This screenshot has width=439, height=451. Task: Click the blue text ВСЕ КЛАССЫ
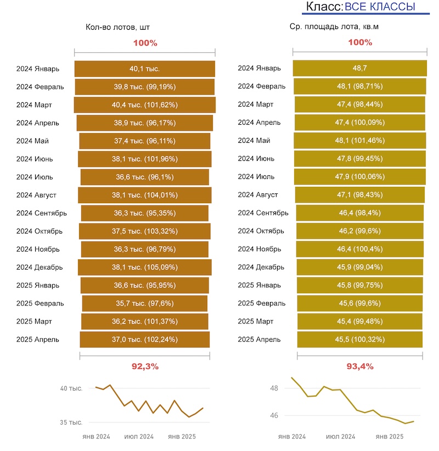(x=380, y=7)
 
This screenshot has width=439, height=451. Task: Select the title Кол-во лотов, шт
(x=117, y=27)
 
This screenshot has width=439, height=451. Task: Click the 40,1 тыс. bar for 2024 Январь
(x=144, y=69)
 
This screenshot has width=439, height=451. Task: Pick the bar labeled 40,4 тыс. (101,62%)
(x=144, y=105)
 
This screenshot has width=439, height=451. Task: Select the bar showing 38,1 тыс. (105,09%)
(x=144, y=268)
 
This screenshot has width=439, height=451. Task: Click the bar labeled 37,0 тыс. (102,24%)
(x=144, y=339)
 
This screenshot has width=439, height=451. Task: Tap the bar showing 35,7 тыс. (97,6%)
(x=144, y=303)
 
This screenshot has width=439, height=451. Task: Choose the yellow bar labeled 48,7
(x=359, y=69)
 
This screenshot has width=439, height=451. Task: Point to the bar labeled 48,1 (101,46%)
(x=359, y=141)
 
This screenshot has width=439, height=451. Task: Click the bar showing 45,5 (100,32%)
(x=359, y=339)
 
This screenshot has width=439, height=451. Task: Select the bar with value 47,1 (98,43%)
(x=359, y=195)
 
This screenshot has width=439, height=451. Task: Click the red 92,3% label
(x=145, y=366)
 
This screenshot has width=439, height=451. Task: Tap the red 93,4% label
(x=360, y=366)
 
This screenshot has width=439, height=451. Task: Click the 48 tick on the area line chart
(x=274, y=388)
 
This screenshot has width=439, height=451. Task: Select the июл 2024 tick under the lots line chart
(x=139, y=437)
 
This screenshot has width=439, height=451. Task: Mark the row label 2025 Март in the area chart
(x=255, y=321)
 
